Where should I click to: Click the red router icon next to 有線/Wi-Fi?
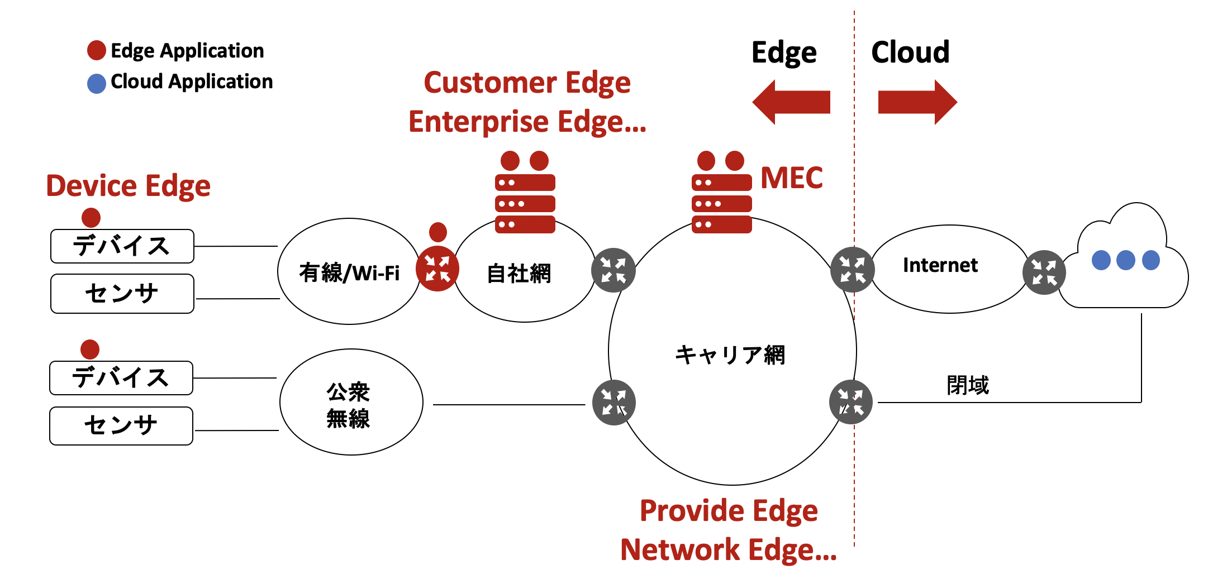point(437,269)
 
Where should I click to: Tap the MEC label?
point(791,178)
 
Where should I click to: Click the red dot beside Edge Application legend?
point(97,50)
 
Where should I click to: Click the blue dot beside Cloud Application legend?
point(97,84)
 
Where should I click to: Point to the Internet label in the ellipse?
point(940,265)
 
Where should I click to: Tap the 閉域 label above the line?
point(967,385)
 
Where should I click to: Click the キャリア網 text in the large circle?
point(730,355)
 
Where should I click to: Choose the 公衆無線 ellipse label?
point(348,405)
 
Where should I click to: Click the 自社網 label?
point(519,274)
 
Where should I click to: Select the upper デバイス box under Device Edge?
point(122,246)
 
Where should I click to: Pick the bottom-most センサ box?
point(121,425)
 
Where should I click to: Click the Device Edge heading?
point(128,186)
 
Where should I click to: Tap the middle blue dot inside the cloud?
point(1125,260)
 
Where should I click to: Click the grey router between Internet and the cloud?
point(1044,272)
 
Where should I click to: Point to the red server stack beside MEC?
point(721,204)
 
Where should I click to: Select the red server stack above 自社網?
point(525,204)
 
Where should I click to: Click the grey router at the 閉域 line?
point(850,402)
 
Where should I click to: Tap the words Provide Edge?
point(729,511)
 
